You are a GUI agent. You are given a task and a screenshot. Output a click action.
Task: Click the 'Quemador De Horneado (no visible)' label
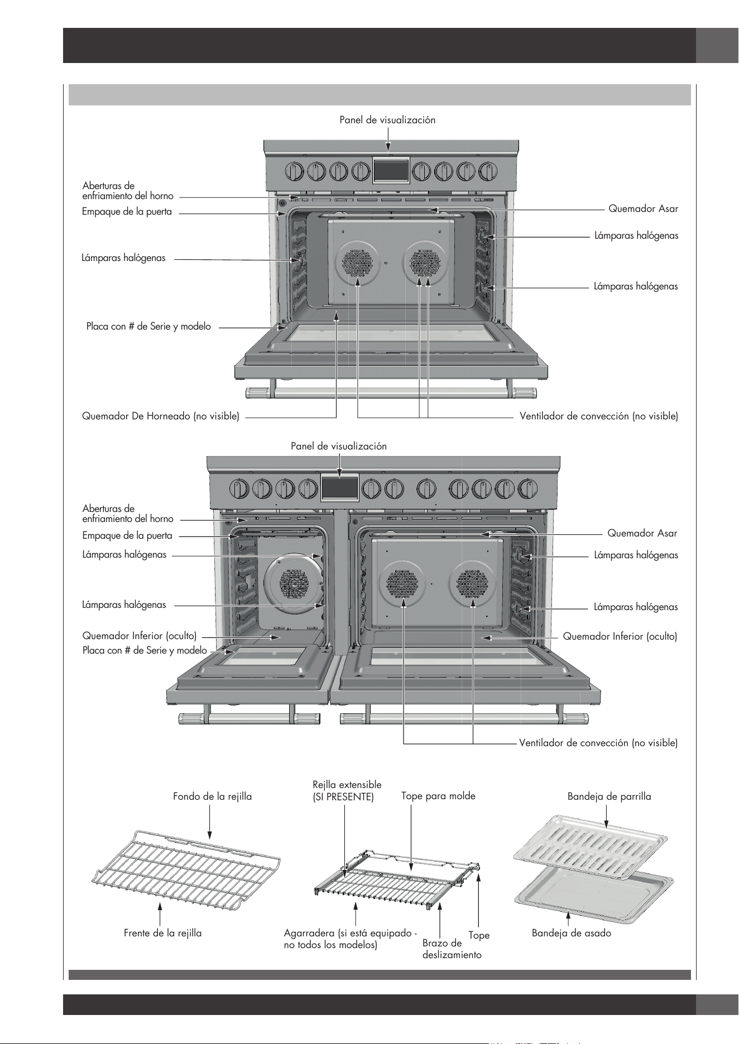click(161, 416)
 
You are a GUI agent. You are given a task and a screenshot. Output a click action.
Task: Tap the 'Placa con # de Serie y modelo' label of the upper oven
click(148, 327)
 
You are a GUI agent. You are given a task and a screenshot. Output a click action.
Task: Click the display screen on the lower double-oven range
click(339, 487)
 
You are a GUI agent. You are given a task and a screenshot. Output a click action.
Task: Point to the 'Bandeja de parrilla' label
click(610, 796)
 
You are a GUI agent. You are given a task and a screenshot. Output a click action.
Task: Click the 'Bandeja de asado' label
click(572, 933)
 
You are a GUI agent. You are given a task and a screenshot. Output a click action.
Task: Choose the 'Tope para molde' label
click(438, 796)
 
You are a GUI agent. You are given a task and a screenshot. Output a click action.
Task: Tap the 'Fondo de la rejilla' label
click(213, 796)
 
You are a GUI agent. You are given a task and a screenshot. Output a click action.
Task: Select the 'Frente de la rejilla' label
click(162, 933)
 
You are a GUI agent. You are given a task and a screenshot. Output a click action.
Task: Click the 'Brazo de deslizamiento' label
click(452, 949)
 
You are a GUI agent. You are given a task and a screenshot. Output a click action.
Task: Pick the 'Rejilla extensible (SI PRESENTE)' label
click(347, 791)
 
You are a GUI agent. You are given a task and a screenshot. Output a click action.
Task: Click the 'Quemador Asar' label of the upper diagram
click(643, 209)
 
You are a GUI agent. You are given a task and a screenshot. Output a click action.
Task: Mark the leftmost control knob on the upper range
click(292, 171)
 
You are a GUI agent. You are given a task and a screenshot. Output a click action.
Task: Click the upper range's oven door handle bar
click(390, 393)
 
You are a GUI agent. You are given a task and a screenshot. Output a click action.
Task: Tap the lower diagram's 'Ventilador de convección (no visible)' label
click(598, 743)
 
